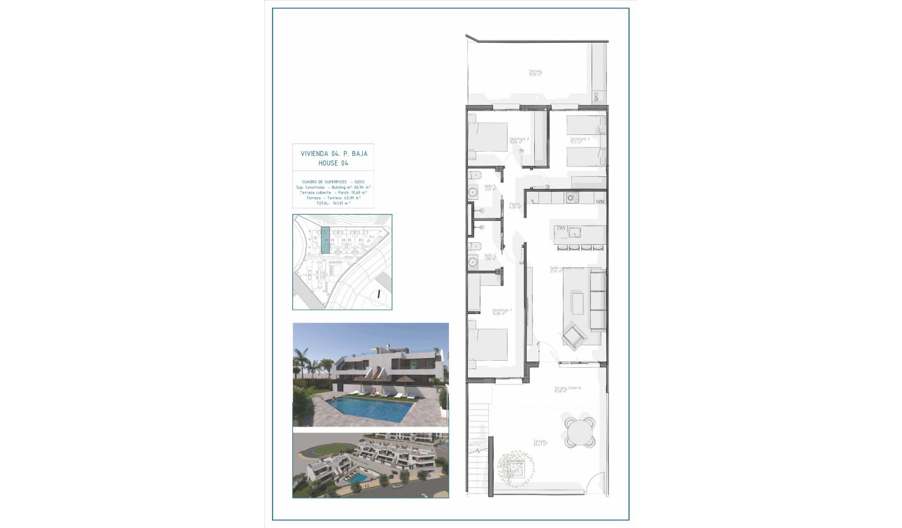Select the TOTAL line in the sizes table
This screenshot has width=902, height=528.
tap(333, 203)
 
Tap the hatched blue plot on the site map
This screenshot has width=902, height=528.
tap(324, 240)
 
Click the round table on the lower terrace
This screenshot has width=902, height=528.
tap(580, 431)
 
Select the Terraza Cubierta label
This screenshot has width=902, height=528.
tap(568, 389)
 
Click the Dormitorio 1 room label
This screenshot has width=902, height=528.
tap(502, 311)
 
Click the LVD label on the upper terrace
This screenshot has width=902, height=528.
tap(596, 98)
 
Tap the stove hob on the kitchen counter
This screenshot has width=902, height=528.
tap(573, 198)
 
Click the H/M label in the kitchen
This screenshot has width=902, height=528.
tap(599, 202)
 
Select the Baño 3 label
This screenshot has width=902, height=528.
tap(490, 188)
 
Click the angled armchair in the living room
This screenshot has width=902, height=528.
tap(573, 337)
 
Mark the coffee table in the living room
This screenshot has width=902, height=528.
tap(578, 304)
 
